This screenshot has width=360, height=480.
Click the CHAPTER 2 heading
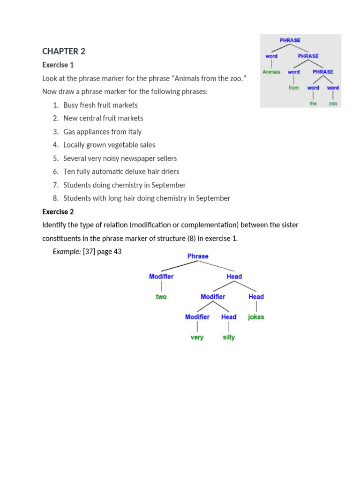click(x=64, y=52)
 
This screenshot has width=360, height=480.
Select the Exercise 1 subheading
click(x=58, y=65)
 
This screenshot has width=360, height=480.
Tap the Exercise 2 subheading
click(x=58, y=211)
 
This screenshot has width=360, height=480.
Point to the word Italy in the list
click(x=135, y=132)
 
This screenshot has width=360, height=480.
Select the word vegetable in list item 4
click(x=125, y=145)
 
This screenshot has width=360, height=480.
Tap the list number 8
click(x=55, y=198)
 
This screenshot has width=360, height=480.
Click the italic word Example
click(x=67, y=252)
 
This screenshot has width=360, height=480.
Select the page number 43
click(x=117, y=252)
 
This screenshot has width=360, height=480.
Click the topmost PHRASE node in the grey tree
click(x=290, y=40)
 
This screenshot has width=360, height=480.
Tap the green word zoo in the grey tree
click(x=333, y=104)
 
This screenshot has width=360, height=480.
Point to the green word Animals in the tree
click(x=271, y=72)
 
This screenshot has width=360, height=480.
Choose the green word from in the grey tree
click(x=294, y=88)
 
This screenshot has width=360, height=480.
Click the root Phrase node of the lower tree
click(x=198, y=256)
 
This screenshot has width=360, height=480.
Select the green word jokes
click(x=256, y=317)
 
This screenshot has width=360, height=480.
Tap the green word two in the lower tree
click(x=161, y=297)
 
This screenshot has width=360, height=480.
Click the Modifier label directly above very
click(x=197, y=317)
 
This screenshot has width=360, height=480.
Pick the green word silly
click(x=229, y=337)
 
